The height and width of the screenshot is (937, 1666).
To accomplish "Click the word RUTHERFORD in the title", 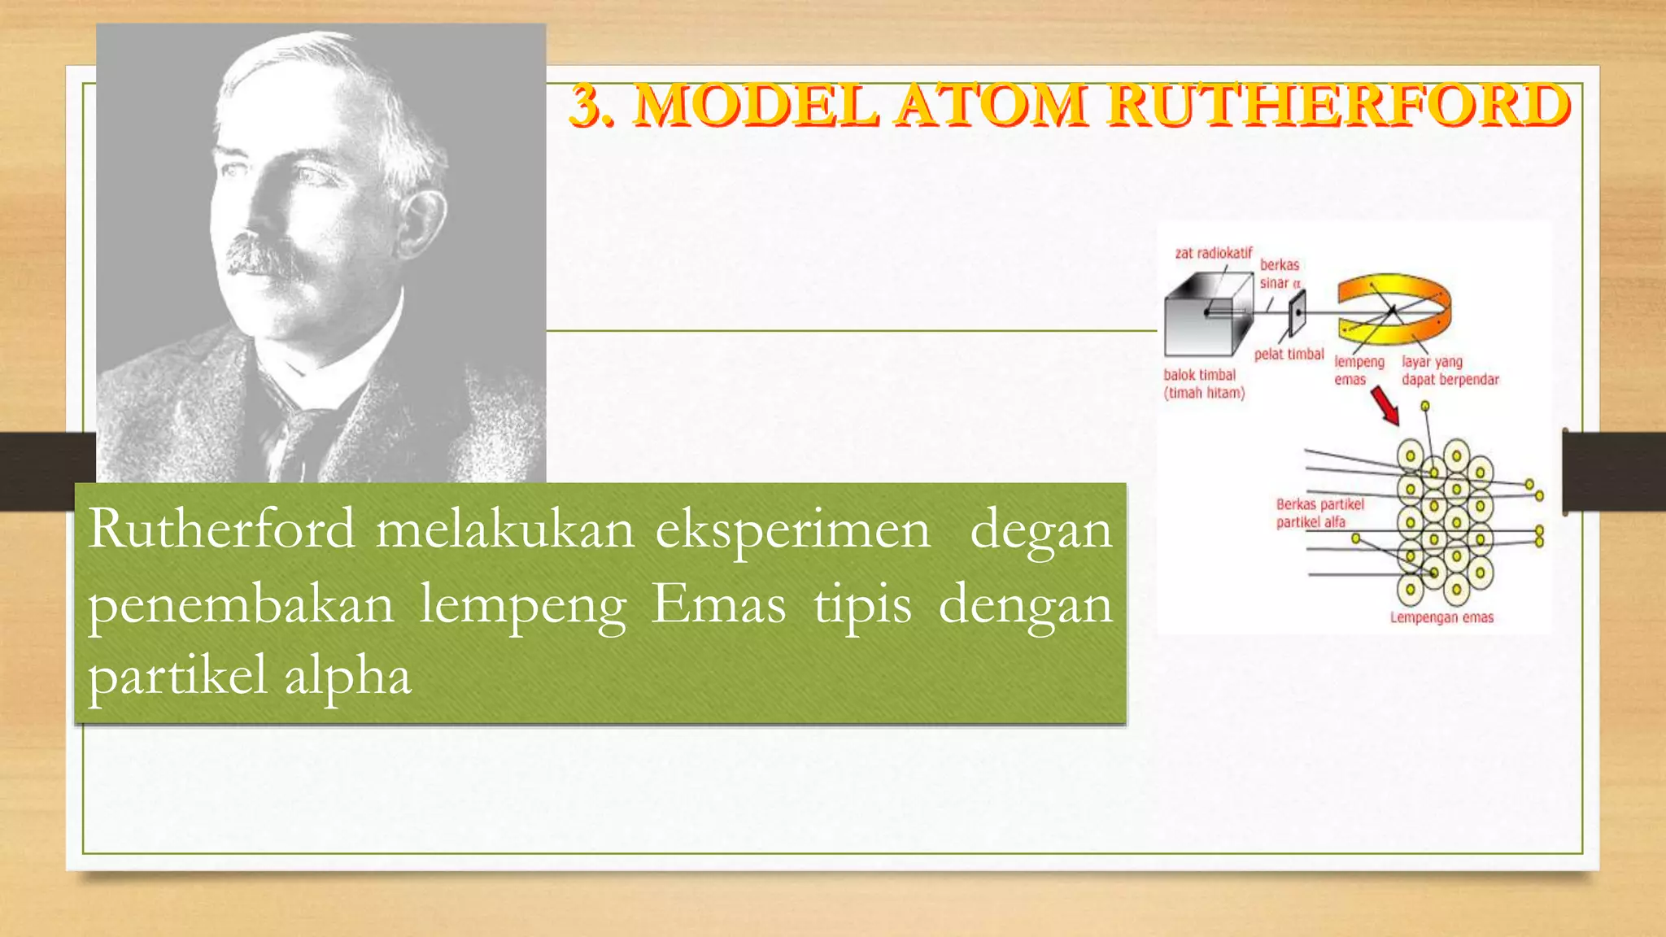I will tap(1338, 106).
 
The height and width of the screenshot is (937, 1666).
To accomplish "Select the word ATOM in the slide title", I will tap(991, 106).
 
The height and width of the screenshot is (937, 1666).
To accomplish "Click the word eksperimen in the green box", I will tap(792, 530).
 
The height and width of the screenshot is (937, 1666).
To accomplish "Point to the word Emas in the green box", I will tap(717, 605).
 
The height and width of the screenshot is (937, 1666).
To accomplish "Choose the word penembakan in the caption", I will tap(241, 605).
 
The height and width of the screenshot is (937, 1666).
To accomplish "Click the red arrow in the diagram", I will tap(1385, 405).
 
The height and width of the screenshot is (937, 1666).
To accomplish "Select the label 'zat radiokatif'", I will tap(1213, 253).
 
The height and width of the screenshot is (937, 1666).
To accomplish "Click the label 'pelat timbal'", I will tap(1289, 354).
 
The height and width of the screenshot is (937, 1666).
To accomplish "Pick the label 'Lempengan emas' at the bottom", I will tap(1441, 617).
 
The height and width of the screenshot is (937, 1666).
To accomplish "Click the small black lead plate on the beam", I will tap(1297, 311).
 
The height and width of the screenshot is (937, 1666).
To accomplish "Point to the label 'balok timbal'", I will tap(1199, 375).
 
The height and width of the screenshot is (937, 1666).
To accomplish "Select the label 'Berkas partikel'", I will tap(1319, 504).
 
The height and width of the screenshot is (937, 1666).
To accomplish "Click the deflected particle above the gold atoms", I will tap(1424, 406).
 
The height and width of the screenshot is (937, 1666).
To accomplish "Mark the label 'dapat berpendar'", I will tap(1450, 380).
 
